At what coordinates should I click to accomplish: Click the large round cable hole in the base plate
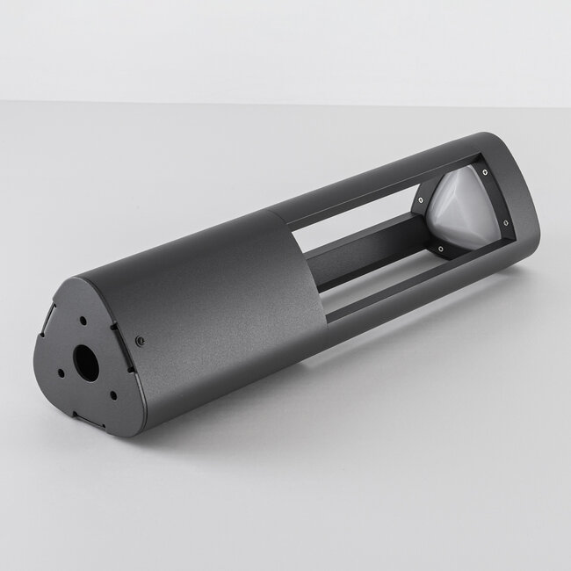click(x=88, y=361)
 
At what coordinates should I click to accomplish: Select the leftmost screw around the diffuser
click(x=420, y=201)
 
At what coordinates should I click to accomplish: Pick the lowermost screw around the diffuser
click(x=440, y=249)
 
